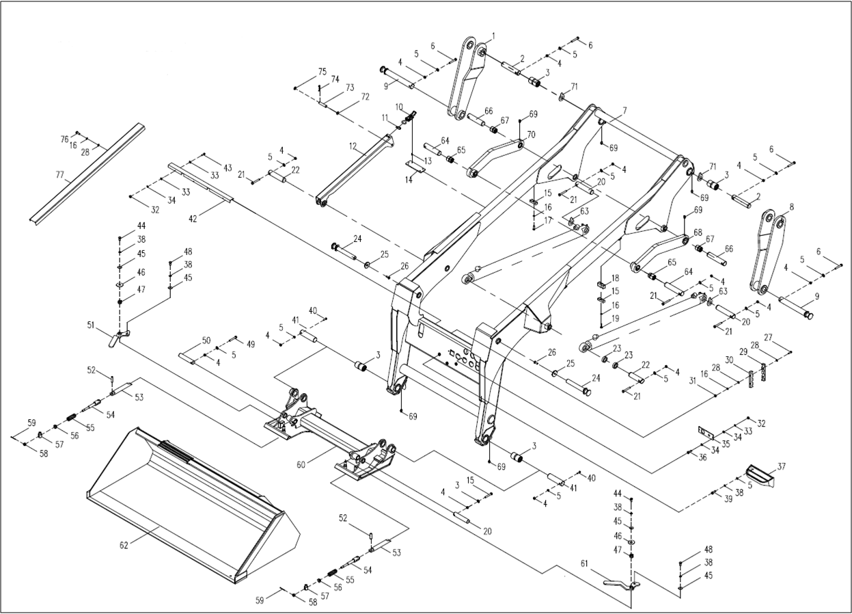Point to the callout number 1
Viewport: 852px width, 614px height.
click(493, 36)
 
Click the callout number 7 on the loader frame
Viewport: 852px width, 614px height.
click(624, 110)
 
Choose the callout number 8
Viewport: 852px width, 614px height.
click(791, 206)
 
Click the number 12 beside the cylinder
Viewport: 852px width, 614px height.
click(353, 146)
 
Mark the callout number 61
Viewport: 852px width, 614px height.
click(583, 563)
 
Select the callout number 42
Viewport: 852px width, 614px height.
click(193, 219)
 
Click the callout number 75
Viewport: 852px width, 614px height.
click(322, 72)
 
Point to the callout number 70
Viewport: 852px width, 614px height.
click(531, 135)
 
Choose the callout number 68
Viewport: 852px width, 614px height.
click(698, 232)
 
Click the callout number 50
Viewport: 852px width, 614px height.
click(206, 341)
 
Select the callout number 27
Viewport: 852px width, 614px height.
click(768, 337)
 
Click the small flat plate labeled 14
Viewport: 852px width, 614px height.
click(415, 166)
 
